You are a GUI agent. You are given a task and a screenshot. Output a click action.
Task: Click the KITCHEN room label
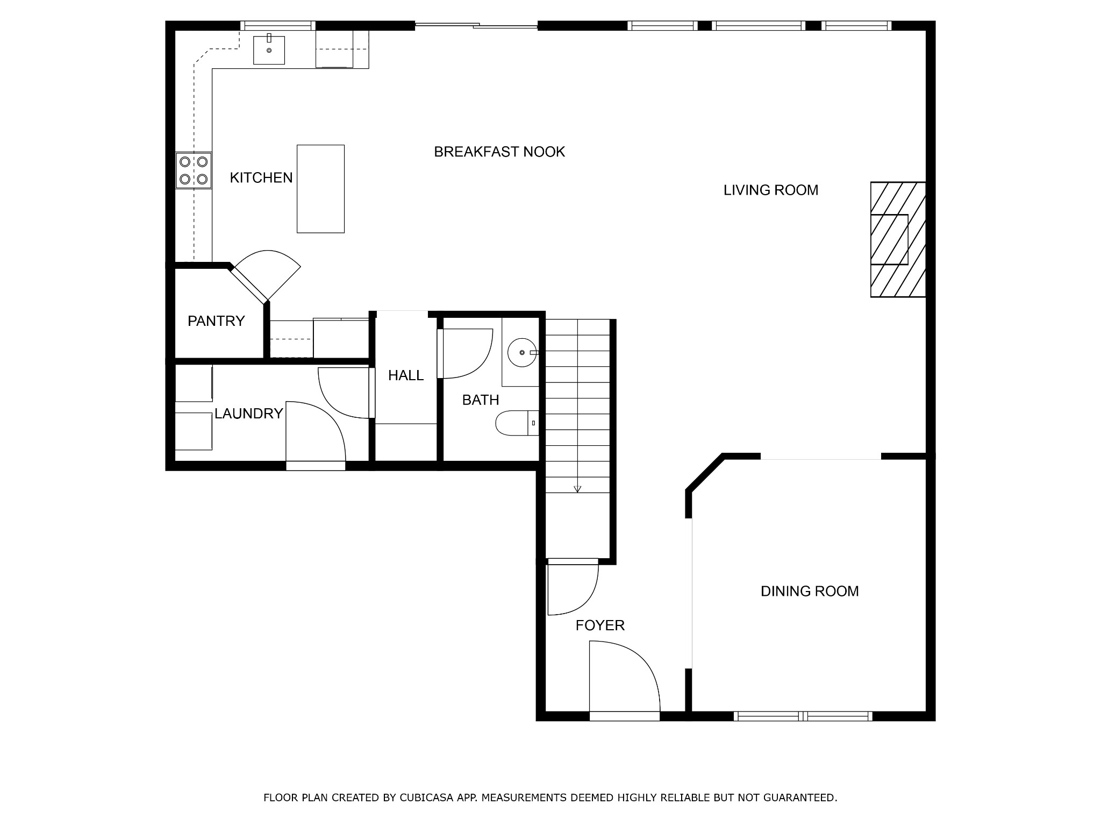coord(261,177)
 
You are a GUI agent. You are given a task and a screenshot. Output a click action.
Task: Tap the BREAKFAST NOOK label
coord(499,152)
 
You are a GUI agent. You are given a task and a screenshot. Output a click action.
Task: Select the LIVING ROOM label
coord(771,190)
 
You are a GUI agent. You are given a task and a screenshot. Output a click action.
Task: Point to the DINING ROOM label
coord(810,592)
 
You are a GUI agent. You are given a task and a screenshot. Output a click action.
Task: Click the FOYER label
coord(600,625)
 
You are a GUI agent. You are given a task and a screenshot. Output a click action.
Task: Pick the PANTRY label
coord(216,321)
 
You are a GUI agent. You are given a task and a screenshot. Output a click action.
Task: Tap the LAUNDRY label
coord(248,414)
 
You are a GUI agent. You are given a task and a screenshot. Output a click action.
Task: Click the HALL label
coord(406,375)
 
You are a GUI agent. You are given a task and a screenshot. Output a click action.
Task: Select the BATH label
coord(481,400)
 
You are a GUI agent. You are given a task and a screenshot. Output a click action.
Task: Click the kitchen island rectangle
coord(320,189)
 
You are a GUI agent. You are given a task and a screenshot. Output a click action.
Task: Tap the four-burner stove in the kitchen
coord(194,170)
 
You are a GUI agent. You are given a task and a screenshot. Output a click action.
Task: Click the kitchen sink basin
coord(269,49)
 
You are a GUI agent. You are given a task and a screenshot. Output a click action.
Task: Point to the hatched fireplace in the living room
coord(898,239)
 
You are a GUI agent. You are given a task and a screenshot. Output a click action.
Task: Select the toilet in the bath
coord(517,423)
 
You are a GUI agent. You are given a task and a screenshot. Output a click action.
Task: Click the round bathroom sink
coord(521,352)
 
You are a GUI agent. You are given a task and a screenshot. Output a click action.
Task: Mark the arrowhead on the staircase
coord(577,489)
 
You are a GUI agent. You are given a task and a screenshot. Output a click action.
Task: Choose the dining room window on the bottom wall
coord(803,716)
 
